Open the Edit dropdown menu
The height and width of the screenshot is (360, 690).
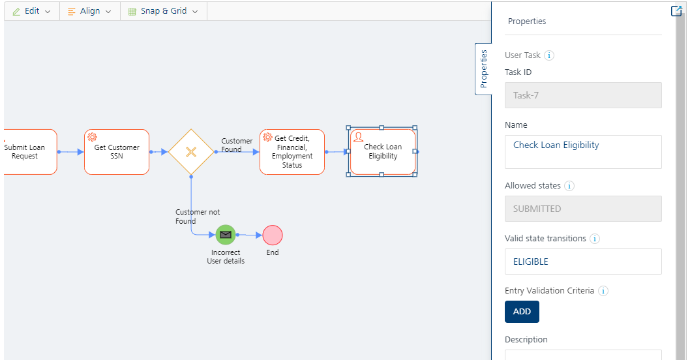coord(32,11)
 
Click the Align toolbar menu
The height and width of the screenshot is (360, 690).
coord(90,11)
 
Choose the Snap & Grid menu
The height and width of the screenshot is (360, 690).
coord(163,11)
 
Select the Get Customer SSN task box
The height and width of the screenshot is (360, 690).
coord(117,152)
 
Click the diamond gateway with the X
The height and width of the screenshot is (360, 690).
coord(191,152)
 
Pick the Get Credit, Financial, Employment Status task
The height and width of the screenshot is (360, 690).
coord(292,152)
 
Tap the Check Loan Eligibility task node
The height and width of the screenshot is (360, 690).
coord(382,152)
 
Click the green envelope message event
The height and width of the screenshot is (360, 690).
coord(226,235)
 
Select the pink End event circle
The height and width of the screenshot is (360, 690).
coord(273,235)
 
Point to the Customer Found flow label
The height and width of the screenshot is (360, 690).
coord(237,145)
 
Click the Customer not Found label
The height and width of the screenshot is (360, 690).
coord(197,217)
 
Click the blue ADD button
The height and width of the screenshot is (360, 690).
coord(522,312)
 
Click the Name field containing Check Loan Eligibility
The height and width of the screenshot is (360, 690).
coord(583,152)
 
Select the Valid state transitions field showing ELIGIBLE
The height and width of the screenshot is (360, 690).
coord(583,262)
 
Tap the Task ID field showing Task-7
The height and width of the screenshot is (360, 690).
coord(583,95)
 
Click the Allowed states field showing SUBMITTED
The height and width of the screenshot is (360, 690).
coord(583,209)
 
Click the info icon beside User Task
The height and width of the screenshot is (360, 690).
coord(549,55)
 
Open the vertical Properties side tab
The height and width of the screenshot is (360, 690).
coord(484,68)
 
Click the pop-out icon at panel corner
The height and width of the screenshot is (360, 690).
coord(676,11)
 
